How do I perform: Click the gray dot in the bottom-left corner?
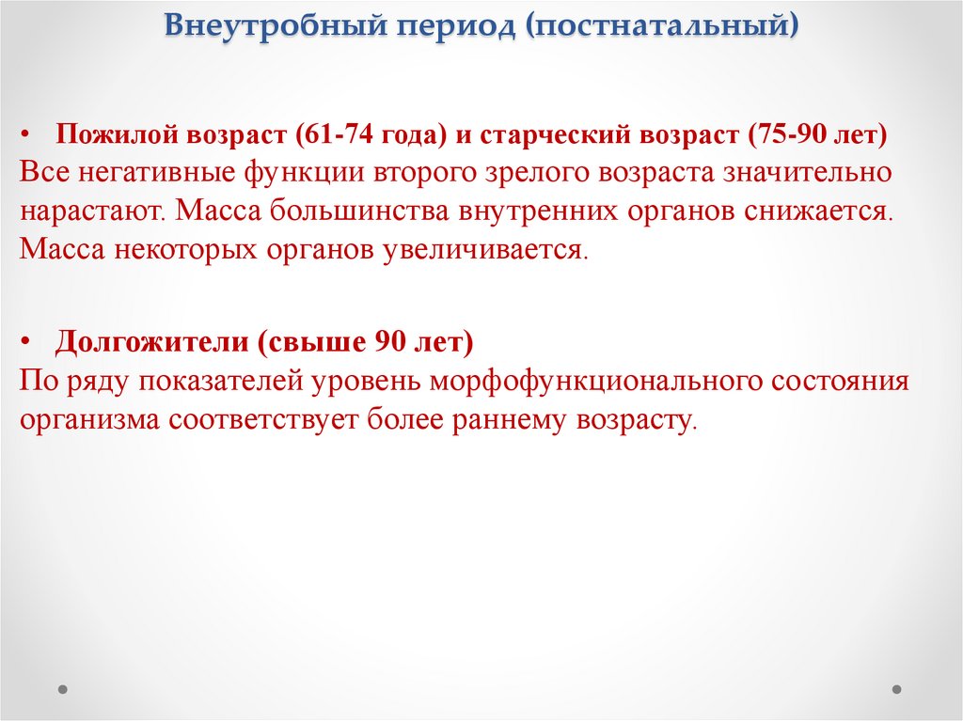(63, 689)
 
